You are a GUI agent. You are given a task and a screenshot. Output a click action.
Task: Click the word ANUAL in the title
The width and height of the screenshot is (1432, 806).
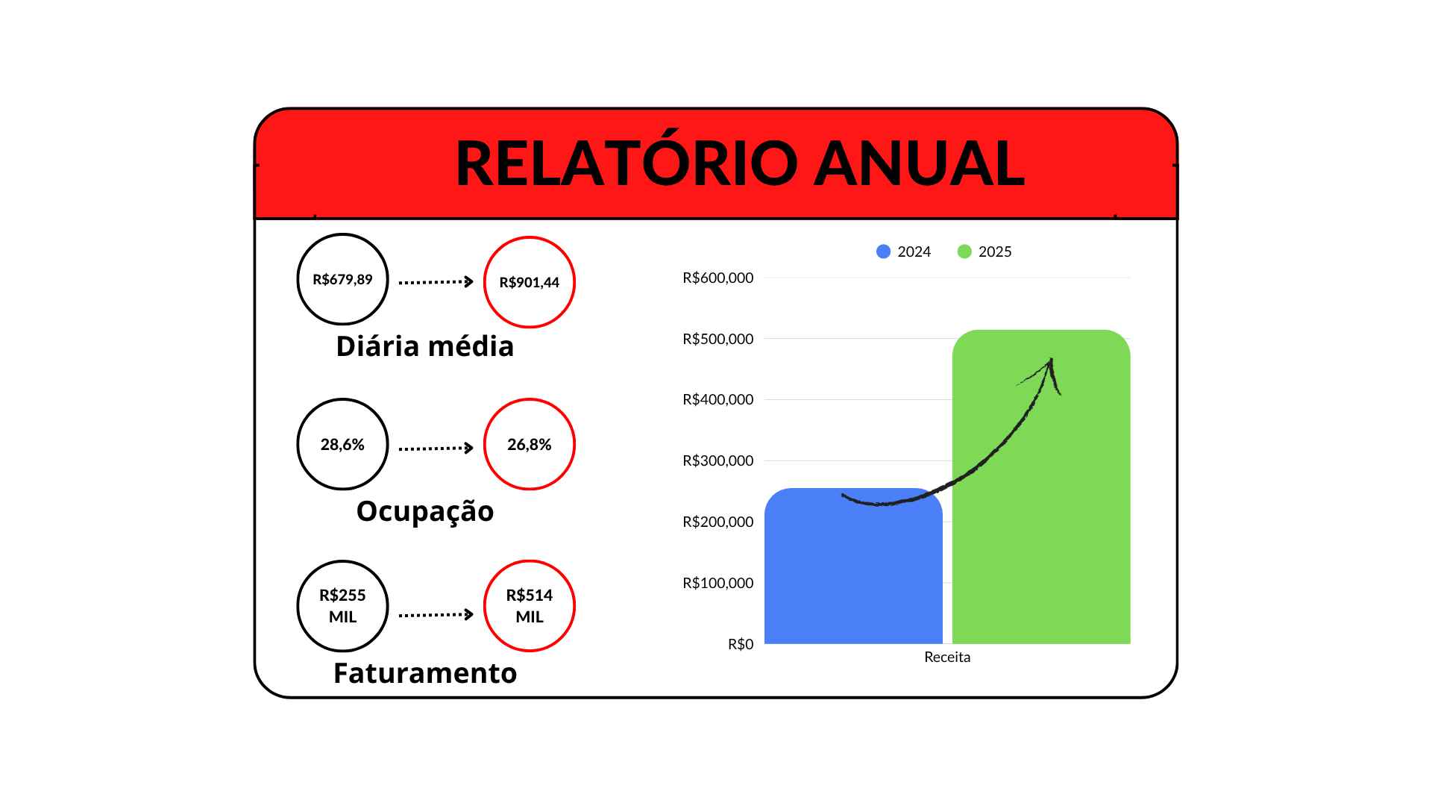(919, 163)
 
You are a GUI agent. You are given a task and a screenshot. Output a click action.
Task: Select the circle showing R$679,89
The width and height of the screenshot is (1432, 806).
(342, 279)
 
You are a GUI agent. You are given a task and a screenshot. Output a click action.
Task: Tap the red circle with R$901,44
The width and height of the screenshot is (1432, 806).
(530, 282)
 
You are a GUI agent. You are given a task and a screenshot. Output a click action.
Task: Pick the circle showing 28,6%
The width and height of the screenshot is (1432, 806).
(342, 444)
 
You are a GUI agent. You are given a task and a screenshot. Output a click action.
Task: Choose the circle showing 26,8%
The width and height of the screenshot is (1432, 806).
(530, 444)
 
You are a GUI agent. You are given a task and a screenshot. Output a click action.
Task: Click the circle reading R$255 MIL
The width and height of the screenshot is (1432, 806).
(342, 605)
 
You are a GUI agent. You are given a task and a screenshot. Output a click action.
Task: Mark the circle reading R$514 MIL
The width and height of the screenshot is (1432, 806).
(530, 605)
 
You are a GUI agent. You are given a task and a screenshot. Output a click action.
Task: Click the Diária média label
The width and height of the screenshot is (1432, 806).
(425, 346)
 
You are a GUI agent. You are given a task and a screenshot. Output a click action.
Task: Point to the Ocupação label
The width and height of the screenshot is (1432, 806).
(425, 511)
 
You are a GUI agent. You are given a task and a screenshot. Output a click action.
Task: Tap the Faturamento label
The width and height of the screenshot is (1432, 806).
(425, 673)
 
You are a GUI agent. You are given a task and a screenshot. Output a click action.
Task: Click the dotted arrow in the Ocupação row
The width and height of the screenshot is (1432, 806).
(436, 448)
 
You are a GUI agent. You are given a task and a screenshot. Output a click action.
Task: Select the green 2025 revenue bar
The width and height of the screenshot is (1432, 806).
(1041, 537)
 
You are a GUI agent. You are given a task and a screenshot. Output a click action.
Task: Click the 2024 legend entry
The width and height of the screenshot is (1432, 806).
(904, 252)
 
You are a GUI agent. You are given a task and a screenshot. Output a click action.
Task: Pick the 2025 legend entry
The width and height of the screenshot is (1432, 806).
(984, 252)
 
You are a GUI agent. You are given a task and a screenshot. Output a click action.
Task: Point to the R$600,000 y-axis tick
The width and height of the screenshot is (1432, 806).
(717, 278)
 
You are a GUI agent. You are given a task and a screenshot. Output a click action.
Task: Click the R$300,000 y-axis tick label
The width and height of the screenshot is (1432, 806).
(717, 460)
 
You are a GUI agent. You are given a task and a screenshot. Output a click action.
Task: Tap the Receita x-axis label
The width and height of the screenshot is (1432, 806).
(947, 657)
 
